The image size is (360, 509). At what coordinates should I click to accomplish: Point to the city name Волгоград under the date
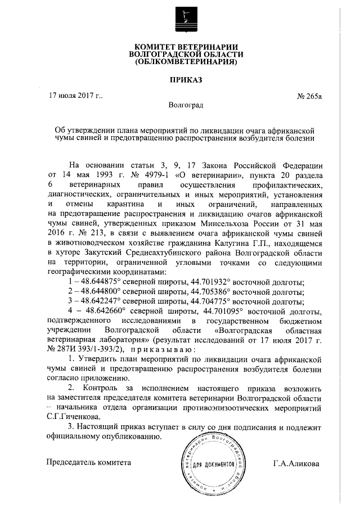(186, 105)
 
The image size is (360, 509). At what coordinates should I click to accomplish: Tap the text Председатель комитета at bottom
(89, 462)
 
